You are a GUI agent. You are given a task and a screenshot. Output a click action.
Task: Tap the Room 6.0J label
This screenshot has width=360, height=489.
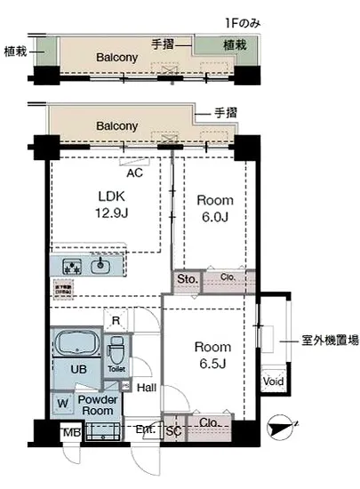214,209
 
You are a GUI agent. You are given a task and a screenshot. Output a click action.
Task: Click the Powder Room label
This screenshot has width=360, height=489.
97,405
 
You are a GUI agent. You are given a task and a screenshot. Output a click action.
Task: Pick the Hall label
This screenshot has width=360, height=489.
146,387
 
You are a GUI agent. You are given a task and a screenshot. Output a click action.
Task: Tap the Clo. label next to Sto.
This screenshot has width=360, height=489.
227,280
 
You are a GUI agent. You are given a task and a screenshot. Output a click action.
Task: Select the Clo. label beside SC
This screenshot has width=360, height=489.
210,422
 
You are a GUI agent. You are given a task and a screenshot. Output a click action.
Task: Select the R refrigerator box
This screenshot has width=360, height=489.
115,321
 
